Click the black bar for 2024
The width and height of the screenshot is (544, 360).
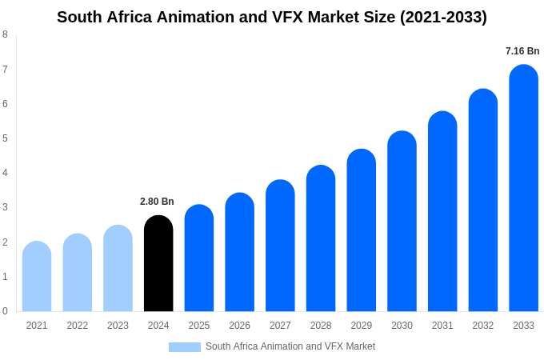[x=158, y=264]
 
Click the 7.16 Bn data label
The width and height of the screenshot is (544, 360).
[x=522, y=51]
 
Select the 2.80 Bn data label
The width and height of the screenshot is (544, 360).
[x=157, y=202]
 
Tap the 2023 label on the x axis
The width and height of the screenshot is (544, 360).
[x=118, y=326]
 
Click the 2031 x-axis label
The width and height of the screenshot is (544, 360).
[x=442, y=326]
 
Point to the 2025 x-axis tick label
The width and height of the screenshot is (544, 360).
[x=199, y=326]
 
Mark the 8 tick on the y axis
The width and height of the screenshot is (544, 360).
[x=5, y=34]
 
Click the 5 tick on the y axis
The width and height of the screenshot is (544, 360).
[x=5, y=138]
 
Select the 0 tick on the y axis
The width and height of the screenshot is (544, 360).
[x=5, y=311]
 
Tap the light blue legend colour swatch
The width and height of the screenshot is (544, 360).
[x=184, y=347]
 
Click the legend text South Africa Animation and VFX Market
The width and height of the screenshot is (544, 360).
[x=290, y=346]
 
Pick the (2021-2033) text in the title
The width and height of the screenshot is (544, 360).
[x=443, y=17]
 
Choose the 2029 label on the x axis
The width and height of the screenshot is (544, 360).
[x=361, y=326]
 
